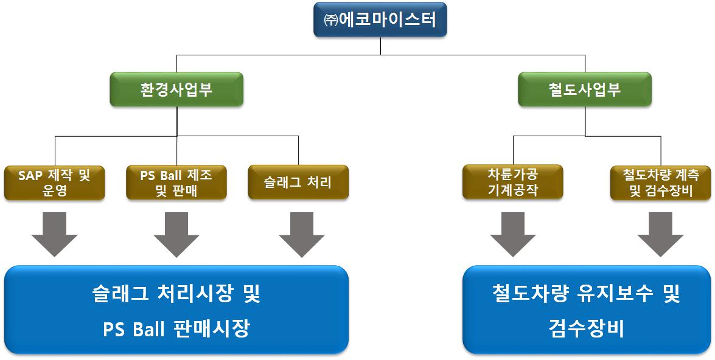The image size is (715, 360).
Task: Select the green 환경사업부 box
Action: [x=176, y=89]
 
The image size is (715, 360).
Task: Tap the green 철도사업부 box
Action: [x=585, y=89]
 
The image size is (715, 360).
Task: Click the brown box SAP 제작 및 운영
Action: [x=55, y=182]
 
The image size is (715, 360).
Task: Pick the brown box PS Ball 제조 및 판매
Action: [x=176, y=182]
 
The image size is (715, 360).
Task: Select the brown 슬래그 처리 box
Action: [x=298, y=182]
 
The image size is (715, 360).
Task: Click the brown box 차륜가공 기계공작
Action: [x=513, y=182]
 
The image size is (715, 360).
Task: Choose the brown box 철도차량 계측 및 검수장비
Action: [x=660, y=182]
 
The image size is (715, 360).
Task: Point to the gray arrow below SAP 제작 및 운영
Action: [x=55, y=234]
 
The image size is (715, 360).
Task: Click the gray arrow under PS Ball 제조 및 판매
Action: [x=176, y=234]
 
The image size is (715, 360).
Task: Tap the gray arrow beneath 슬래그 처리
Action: [x=302, y=234]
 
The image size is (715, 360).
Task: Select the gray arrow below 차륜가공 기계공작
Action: [x=513, y=234]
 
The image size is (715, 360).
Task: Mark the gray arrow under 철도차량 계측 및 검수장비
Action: [x=660, y=234]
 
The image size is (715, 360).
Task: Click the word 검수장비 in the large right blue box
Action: [x=585, y=329]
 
